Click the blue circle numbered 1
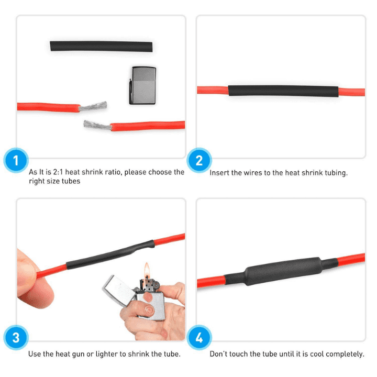(16, 160)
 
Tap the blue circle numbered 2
(199, 160)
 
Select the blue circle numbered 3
(16, 338)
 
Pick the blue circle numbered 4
(199, 338)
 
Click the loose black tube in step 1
(101, 46)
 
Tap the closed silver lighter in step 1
(142, 85)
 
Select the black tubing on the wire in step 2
(283, 91)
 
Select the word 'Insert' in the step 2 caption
(220, 173)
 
